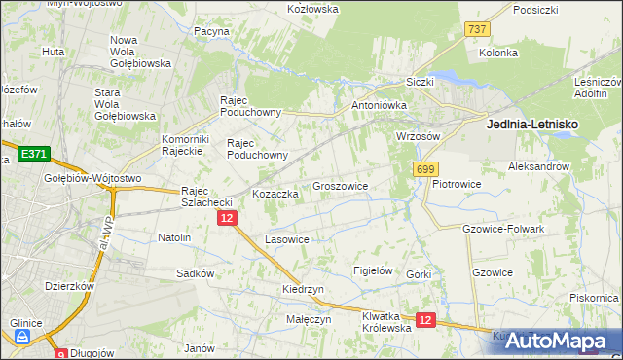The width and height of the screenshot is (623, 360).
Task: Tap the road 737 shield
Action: (477, 30)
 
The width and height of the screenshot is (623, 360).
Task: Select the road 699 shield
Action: (424, 170)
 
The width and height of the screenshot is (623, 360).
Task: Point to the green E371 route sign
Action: (33, 155)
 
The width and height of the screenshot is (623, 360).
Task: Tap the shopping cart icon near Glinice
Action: (21, 338)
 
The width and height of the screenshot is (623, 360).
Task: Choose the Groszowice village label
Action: (340, 185)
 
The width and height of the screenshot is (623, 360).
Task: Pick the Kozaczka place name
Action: (275, 194)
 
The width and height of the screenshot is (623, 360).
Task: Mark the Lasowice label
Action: (287, 239)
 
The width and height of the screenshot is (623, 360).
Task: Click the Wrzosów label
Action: (419, 137)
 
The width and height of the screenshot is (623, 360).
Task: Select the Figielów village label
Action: (372, 271)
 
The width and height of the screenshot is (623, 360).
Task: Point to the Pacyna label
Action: (210, 31)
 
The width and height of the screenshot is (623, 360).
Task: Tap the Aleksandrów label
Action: (538, 167)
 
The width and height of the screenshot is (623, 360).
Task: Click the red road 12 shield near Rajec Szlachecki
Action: (226, 220)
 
